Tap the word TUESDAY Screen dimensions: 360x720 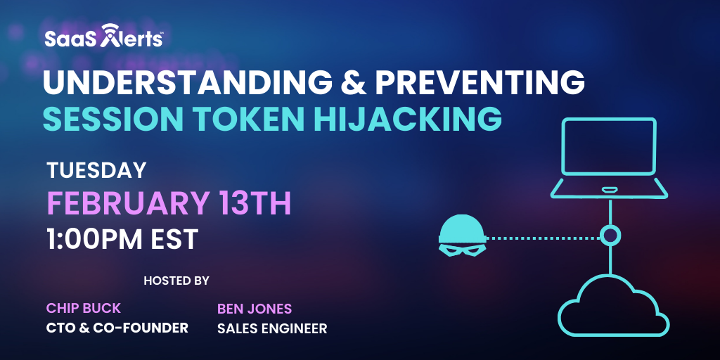pos(96,171)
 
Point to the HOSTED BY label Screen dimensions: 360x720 pos(176,281)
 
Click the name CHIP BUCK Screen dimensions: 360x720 pos(84,308)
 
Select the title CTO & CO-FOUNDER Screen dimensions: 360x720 pos(117,328)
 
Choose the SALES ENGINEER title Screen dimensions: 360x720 pos(272,328)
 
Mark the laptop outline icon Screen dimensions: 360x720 pos(610,157)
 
